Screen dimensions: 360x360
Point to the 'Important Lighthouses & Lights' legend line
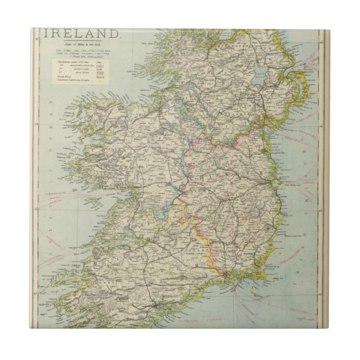point(77,80)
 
